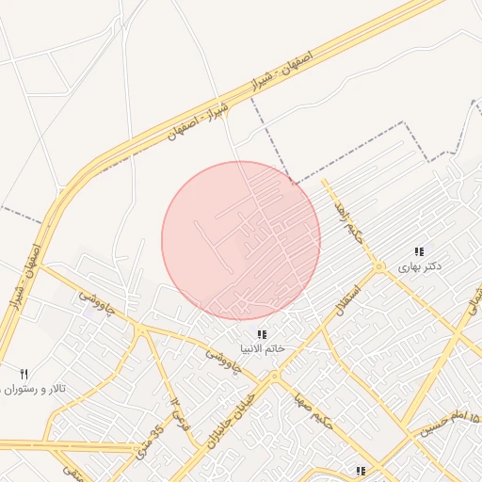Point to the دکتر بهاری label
click(420, 267)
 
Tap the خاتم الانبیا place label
click(263, 349)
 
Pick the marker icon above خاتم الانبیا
click(263, 334)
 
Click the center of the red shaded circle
click(241, 240)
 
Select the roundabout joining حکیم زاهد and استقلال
click(378, 268)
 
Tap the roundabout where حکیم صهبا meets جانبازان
click(274, 377)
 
